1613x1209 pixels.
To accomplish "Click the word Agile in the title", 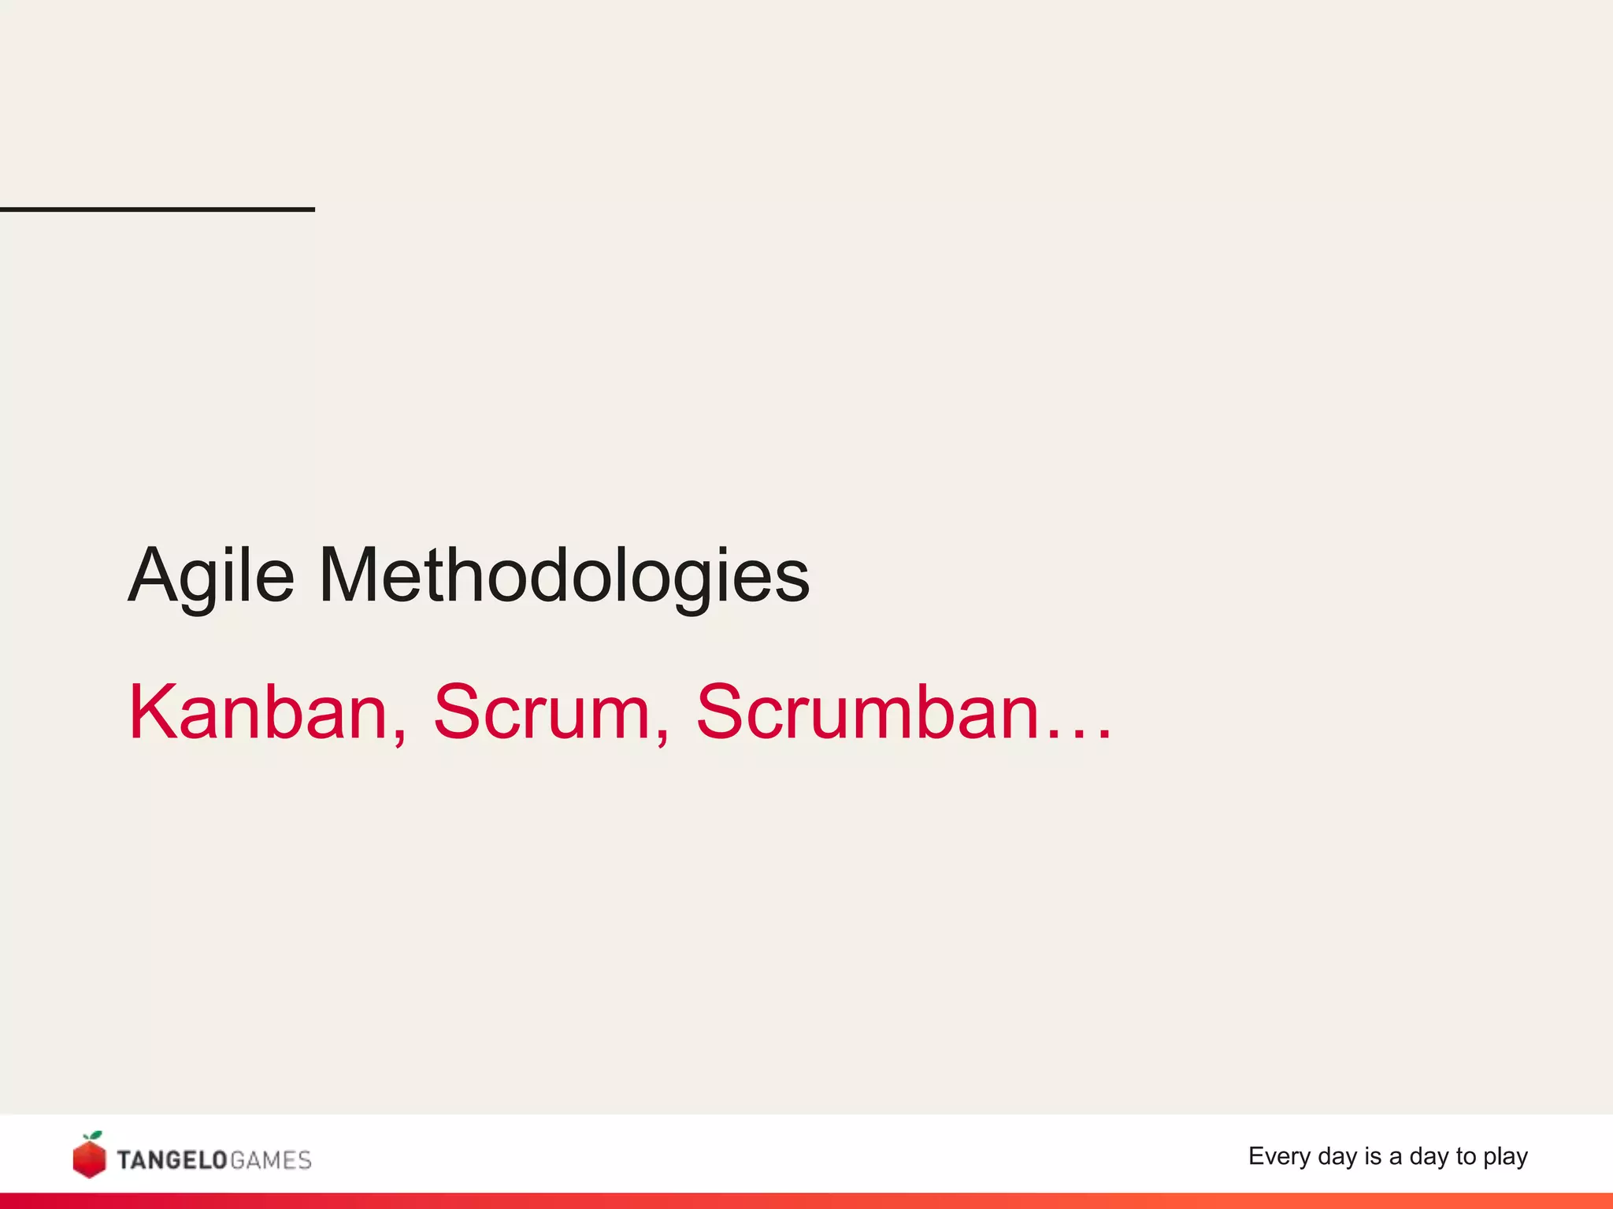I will [x=211, y=576].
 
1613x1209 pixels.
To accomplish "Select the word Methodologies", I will [x=564, y=576].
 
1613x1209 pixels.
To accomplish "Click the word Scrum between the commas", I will [x=543, y=712].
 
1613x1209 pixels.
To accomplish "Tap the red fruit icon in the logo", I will [x=89, y=1159].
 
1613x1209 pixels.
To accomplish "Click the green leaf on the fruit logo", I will [x=95, y=1136].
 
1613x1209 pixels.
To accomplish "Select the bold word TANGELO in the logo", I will [x=172, y=1160].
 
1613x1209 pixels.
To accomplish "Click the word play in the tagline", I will [x=1505, y=1157].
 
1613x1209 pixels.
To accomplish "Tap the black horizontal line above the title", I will [x=158, y=209].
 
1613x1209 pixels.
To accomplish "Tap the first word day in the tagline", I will [x=1337, y=1156].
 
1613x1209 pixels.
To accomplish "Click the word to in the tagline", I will [x=1466, y=1156].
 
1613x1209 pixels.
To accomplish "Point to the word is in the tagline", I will [x=1373, y=1156].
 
